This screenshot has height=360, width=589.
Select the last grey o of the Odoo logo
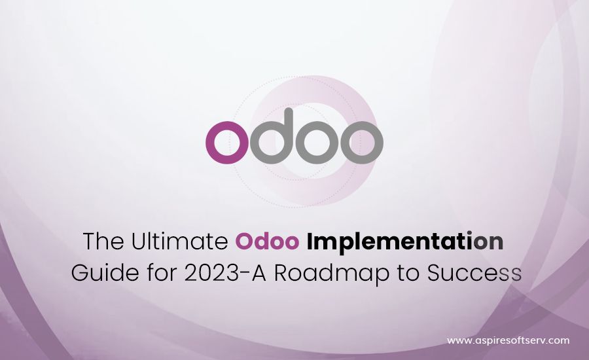pos(362,143)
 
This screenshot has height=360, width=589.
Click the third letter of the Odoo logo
pos(317,143)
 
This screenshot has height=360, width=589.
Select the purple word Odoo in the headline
pos(267,242)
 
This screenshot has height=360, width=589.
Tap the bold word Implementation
pos(405,243)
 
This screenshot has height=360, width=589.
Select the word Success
pos(474,273)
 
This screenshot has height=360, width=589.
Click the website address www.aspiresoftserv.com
pos(509,341)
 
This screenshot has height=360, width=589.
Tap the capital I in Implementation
pos(310,242)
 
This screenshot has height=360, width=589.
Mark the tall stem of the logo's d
pos(289,132)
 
